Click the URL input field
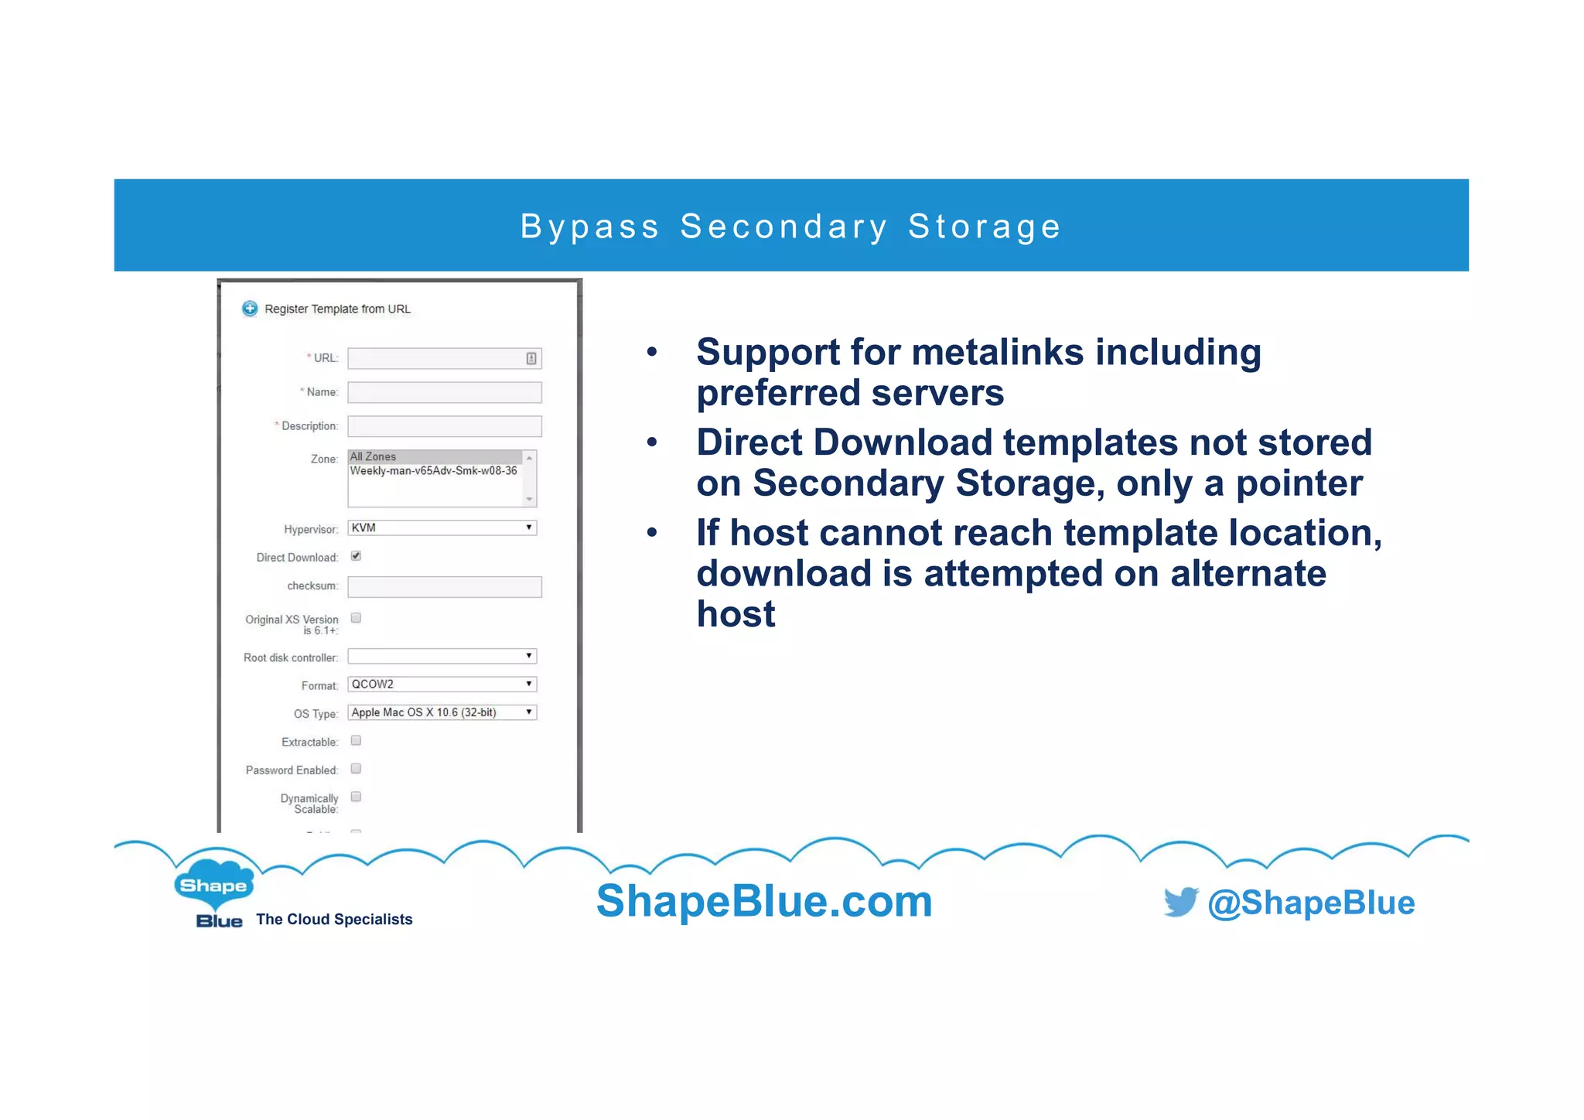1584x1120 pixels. click(x=437, y=358)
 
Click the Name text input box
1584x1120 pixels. click(x=444, y=392)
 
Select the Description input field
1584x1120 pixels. click(x=444, y=426)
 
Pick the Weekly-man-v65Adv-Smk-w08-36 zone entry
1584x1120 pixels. click(x=433, y=470)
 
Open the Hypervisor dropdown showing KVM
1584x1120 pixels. click(x=442, y=528)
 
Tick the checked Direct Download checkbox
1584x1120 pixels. click(x=356, y=556)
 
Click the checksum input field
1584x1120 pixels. click(x=444, y=586)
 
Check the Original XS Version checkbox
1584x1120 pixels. click(x=356, y=618)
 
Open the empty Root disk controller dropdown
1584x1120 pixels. click(x=442, y=656)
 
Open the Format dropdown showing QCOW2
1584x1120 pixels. click(x=442, y=684)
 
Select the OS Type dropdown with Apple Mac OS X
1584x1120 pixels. click(x=442, y=712)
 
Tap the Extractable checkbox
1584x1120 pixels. click(x=356, y=740)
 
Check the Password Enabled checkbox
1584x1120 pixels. click(x=356, y=769)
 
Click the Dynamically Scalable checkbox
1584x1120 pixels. click(x=356, y=797)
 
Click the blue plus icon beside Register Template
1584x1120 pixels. click(x=250, y=309)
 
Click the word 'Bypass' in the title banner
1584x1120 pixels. click(x=589, y=227)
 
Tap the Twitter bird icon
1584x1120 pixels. click(x=1180, y=902)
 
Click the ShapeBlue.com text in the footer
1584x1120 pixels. click(x=764, y=901)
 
